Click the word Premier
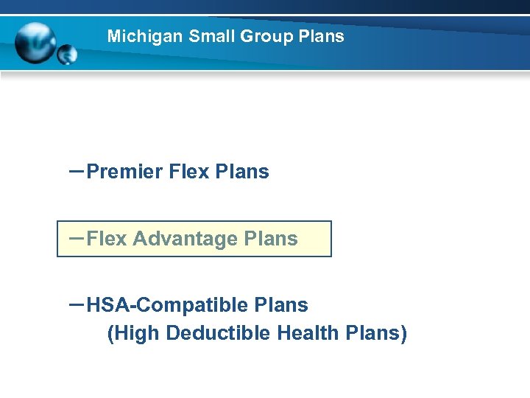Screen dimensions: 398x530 124,172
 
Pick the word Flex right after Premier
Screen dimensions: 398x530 189,172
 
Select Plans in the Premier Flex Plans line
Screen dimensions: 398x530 242,172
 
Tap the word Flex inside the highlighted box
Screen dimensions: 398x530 107,239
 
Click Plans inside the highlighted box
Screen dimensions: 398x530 271,239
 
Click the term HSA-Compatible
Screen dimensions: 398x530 167,304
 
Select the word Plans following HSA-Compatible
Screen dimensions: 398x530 281,304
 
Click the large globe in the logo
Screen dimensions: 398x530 35,42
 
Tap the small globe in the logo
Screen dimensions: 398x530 66,55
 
